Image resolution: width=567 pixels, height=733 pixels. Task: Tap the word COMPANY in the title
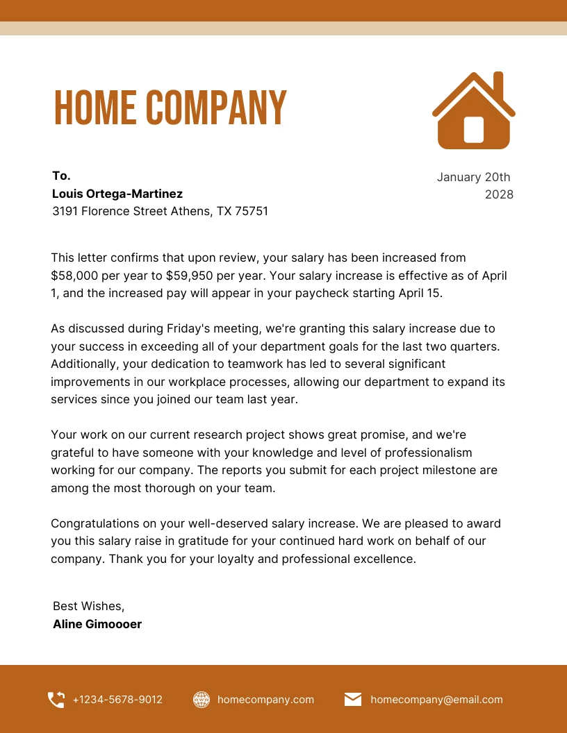click(x=216, y=108)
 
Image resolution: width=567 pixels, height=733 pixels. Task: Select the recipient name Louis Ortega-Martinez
click(x=117, y=194)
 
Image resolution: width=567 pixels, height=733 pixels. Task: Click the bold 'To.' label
click(x=62, y=176)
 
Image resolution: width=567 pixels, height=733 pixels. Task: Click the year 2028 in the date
click(x=499, y=194)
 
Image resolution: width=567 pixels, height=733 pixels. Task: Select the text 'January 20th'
click(x=473, y=177)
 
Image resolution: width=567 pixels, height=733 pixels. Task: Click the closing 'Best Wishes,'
click(x=89, y=606)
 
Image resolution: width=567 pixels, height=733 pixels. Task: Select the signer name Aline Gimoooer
click(x=97, y=624)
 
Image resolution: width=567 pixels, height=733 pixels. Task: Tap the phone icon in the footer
click(x=56, y=700)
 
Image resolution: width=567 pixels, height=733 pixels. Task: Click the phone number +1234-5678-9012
click(x=117, y=700)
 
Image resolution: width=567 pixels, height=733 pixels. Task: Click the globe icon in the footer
click(x=202, y=700)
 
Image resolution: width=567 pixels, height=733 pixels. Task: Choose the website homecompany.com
click(x=265, y=700)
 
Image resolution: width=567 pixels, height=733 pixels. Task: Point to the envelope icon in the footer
click(x=353, y=700)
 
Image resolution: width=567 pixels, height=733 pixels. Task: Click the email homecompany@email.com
click(x=436, y=700)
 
